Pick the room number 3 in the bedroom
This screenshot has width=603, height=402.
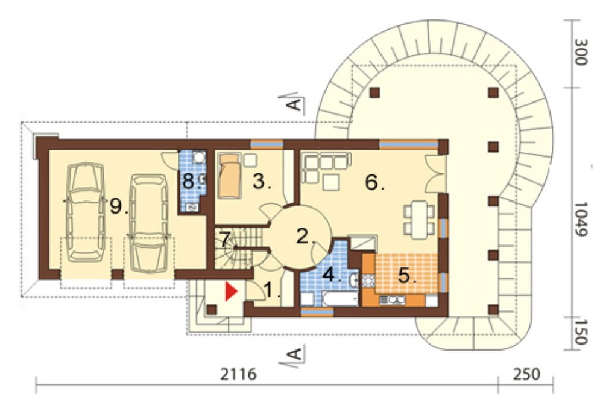coord(261,180)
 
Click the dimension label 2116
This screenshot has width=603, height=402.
coord(238,374)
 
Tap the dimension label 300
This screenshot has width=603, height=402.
coord(580,52)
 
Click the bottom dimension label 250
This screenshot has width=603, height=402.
coord(526,374)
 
